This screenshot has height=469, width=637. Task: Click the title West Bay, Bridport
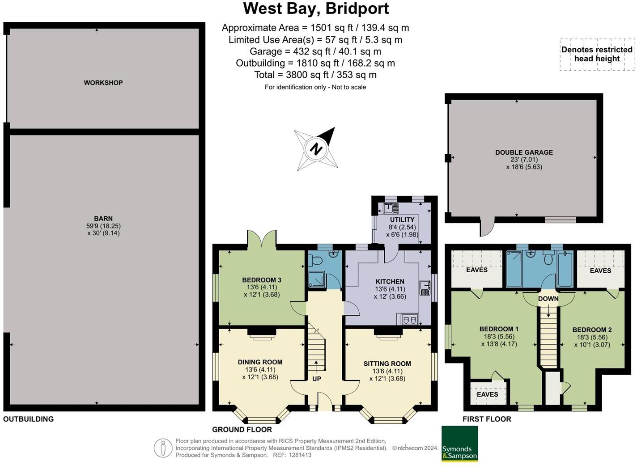(316, 9)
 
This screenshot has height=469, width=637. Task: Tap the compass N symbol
(316, 149)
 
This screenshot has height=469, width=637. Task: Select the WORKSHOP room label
(103, 83)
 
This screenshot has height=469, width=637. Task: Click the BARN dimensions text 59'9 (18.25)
(103, 226)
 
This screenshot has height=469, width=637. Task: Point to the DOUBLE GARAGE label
(524, 152)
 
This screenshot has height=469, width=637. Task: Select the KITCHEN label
(390, 282)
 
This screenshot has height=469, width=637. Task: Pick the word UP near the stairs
(317, 379)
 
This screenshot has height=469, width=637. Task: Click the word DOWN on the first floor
(548, 299)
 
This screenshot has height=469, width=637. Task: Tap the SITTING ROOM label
(387, 364)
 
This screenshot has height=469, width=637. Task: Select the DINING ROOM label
(260, 362)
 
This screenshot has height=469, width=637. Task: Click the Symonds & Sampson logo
(459, 444)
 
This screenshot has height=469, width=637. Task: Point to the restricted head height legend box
(597, 55)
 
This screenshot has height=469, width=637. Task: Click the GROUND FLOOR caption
(242, 430)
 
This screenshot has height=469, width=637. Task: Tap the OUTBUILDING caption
(28, 419)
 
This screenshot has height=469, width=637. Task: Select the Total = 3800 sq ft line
(315, 75)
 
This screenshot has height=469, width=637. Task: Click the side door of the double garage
(486, 228)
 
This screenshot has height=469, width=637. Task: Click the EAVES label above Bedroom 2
(600, 270)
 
